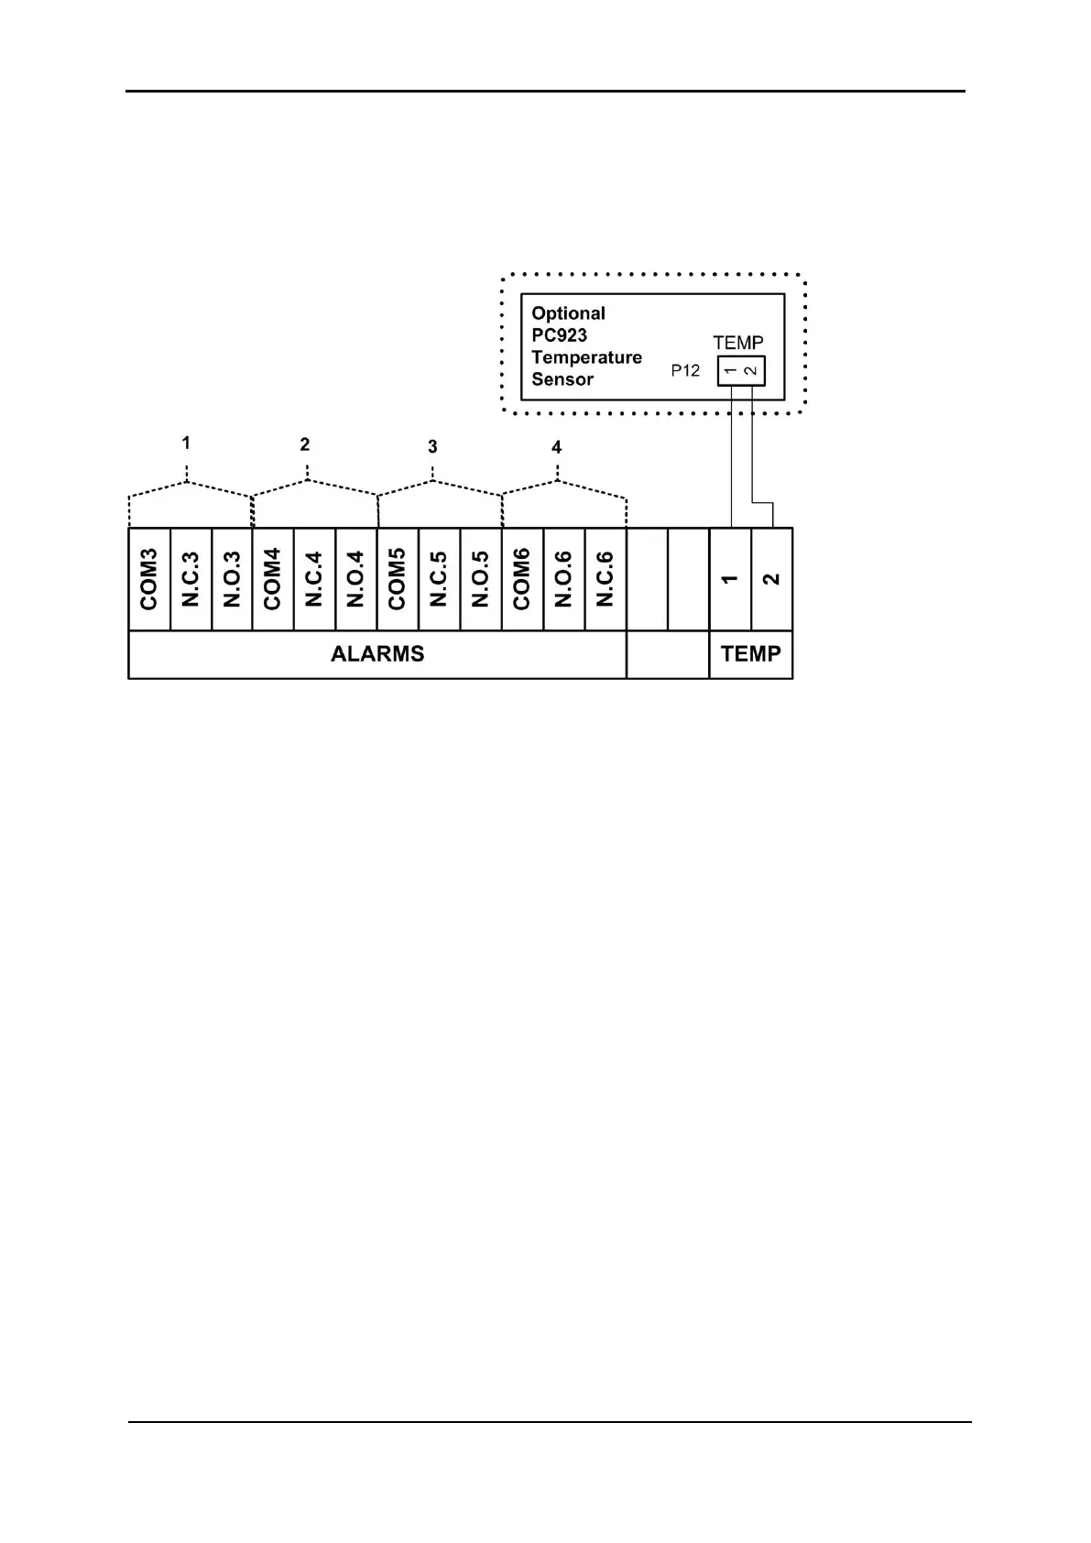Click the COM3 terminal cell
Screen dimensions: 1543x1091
tap(149, 579)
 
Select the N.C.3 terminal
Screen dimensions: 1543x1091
tap(191, 579)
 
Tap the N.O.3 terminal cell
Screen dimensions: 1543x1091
tap(232, 579)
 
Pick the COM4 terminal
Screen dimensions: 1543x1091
tap(273, 579)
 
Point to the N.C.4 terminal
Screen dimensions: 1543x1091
tap(314, 579)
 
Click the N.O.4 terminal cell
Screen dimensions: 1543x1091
tap(356, 579)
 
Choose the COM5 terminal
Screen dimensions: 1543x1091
tap(398, 579)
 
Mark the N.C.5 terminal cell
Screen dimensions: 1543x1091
tap(439, 579)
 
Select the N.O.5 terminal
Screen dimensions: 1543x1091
tap(480, 579)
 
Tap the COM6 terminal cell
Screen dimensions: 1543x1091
tap(522, 579)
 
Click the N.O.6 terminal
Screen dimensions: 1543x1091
tap(563, 579)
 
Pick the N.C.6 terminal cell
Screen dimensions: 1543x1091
tap(605, 579)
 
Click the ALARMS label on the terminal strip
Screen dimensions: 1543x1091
tap(377, 654)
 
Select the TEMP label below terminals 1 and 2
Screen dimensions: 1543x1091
tap(750, 654)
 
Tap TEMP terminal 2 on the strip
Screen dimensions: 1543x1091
tap(771, 579)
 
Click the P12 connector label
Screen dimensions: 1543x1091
tap(685, 371)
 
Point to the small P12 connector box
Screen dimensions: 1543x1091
tap(740, 371)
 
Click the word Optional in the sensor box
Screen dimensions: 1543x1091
tap(568, 313)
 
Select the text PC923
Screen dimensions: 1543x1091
tap(559, 335)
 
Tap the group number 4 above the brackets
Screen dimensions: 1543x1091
tap(556, 448)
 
